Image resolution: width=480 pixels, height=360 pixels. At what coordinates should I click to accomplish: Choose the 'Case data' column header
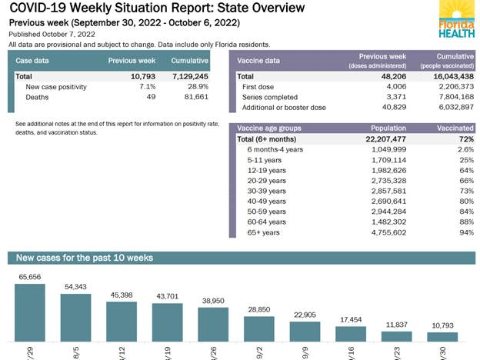pos(34,59)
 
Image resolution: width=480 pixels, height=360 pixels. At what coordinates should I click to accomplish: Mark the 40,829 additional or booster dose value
pos(388,108)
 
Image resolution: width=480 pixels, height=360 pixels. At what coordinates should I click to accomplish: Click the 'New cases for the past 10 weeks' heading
pos(85,257)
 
